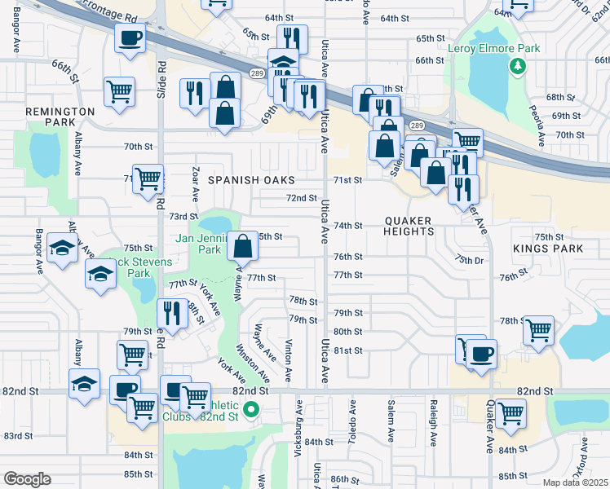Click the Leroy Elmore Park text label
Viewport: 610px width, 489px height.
pos(494,48)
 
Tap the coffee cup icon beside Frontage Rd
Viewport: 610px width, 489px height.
pos(129,37)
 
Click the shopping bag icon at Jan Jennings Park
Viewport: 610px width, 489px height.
pos(243,244)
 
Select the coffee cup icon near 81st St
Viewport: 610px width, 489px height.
pos(481,354)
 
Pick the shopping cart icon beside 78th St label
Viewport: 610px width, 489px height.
pos(538,329)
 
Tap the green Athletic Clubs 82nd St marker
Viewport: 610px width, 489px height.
pos(251,410)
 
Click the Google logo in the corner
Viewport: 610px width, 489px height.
pos(27,479)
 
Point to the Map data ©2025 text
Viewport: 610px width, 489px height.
pos(574,482)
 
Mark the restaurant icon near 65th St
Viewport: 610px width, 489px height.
pos(291,37)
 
